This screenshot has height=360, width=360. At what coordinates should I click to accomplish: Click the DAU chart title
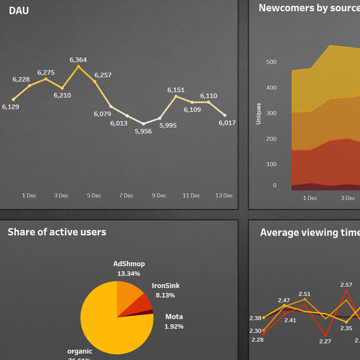tap(19, 10)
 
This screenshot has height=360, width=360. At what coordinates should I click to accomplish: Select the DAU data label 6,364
tap(78, 60)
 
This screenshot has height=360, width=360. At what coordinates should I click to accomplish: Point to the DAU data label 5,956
tap(143, 131)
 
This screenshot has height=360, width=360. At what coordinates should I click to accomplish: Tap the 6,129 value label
tap(10, 106)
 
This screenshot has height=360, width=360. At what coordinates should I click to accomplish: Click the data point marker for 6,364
tap(78, 66)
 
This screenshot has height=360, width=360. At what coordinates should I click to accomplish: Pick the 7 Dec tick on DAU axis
tap(126, 195)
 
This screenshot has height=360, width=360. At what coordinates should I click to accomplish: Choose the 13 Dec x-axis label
tap(224, 195)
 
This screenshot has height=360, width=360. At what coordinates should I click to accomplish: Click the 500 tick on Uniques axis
tap(271, 62)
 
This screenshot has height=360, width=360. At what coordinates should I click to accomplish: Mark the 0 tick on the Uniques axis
tap(274, 185)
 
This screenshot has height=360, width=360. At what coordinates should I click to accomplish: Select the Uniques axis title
tap(258, 113)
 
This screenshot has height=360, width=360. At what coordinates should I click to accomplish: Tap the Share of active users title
tap(57, 232)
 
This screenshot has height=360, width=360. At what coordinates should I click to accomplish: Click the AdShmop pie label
tap(129, 264)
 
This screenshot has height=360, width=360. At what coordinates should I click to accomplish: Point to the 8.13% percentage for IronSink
tap(165, 295)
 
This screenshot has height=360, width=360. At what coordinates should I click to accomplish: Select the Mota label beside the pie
tap(174, 316)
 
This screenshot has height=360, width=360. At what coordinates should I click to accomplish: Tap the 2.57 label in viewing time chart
tap(346, 285)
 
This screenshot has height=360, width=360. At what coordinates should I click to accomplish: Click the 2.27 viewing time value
tap(325, 341)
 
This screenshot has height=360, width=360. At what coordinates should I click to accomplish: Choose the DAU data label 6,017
tap(227, 123)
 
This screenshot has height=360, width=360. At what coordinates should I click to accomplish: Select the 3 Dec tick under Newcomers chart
tap(348, 198)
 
